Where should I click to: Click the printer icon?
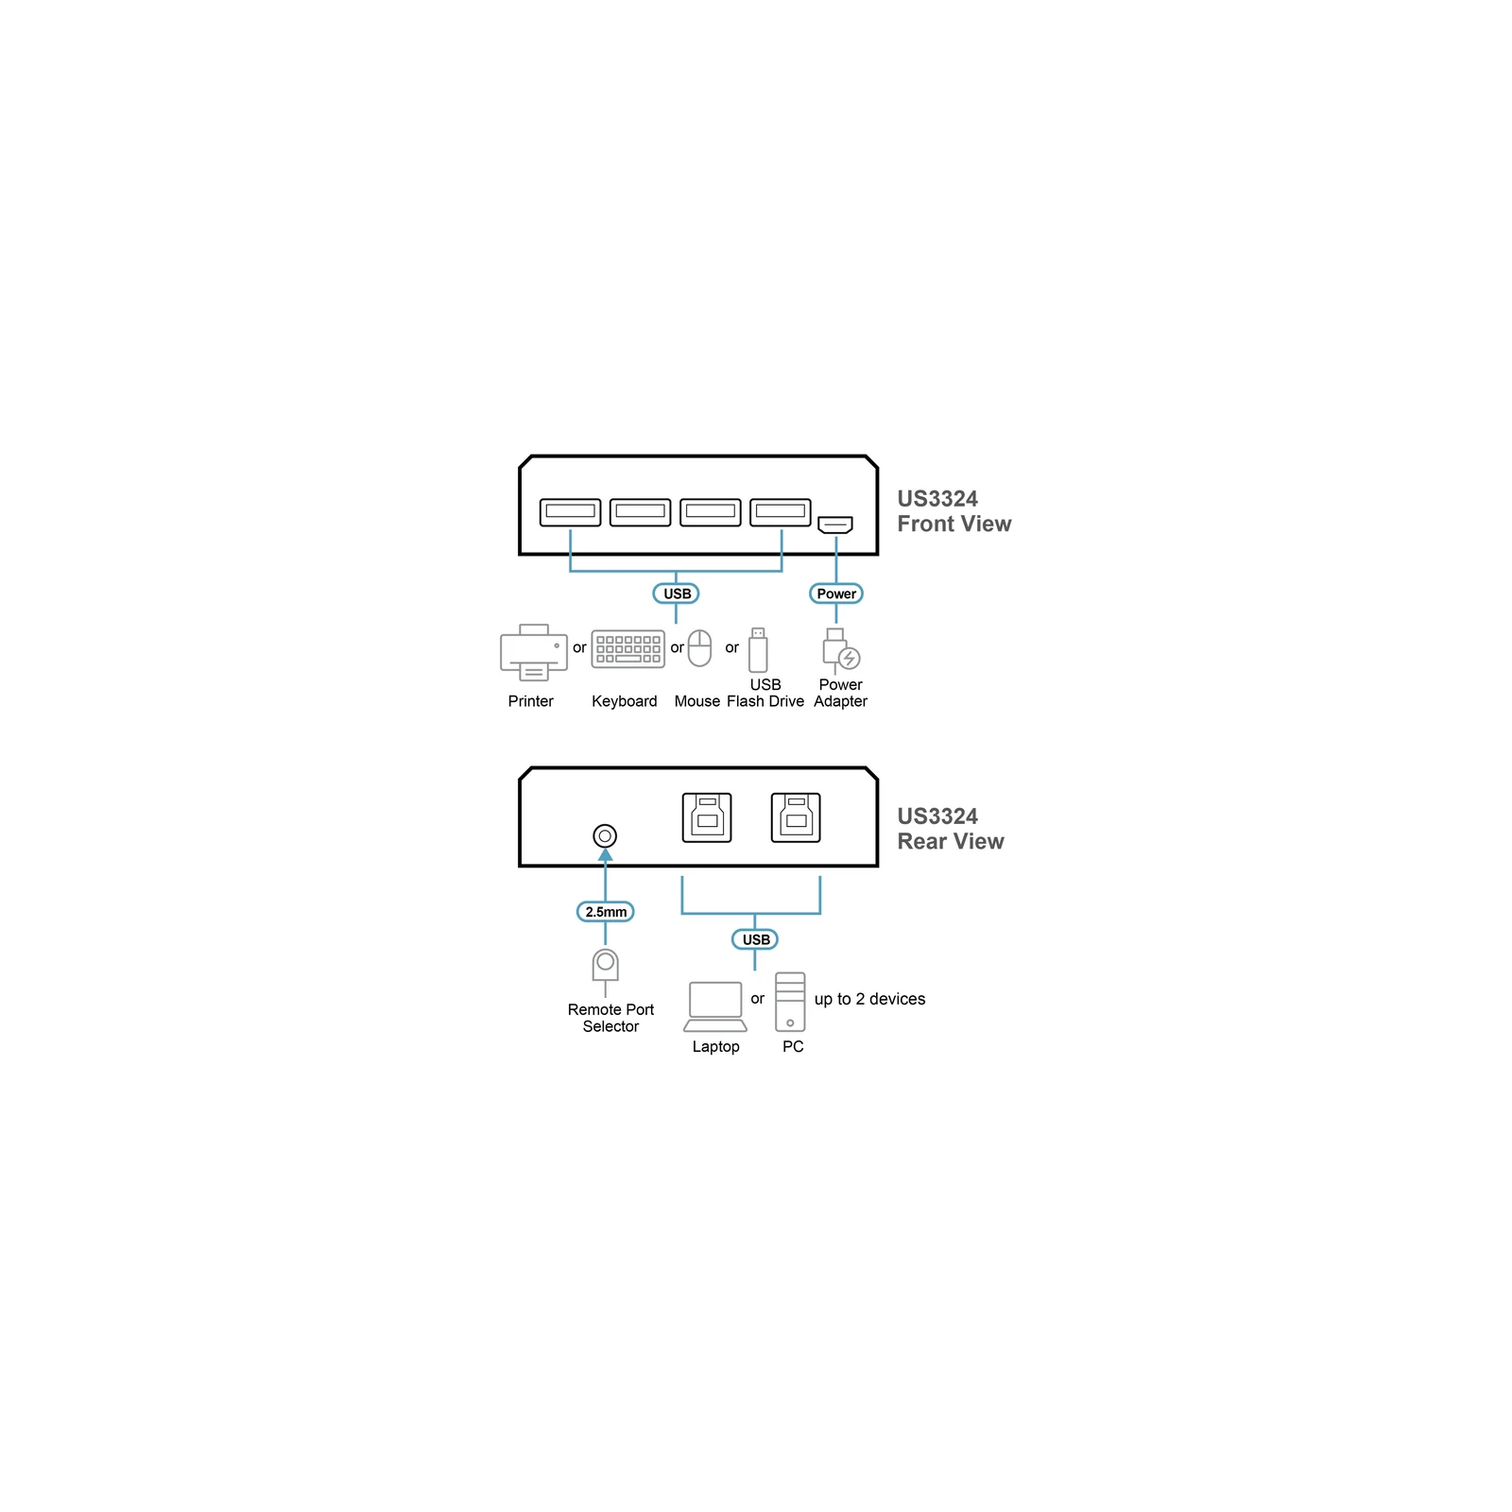point(534,652)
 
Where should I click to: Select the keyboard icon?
point(627,649)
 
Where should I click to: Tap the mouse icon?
point(699,648)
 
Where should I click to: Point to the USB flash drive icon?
point(758,649)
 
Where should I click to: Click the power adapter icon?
point(839,651)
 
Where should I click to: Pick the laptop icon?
point(715,1006)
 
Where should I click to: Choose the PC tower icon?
point(790,1002)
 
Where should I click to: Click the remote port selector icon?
point(606,971)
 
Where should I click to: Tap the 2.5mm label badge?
point(606,912)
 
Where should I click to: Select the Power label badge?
point(836,593)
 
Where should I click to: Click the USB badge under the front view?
point(677,593)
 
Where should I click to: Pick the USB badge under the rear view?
point(755,939)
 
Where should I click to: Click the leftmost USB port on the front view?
point(571,512)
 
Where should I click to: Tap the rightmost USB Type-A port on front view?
point(781,512)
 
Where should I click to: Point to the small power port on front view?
point(835,524)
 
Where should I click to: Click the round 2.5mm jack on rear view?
point(605,835)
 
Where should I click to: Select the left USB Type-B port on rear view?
point(707,817)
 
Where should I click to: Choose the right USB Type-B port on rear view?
point(796,817)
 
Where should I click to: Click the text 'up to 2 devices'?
point(869,999)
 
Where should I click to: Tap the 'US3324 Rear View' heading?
point(951,829)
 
